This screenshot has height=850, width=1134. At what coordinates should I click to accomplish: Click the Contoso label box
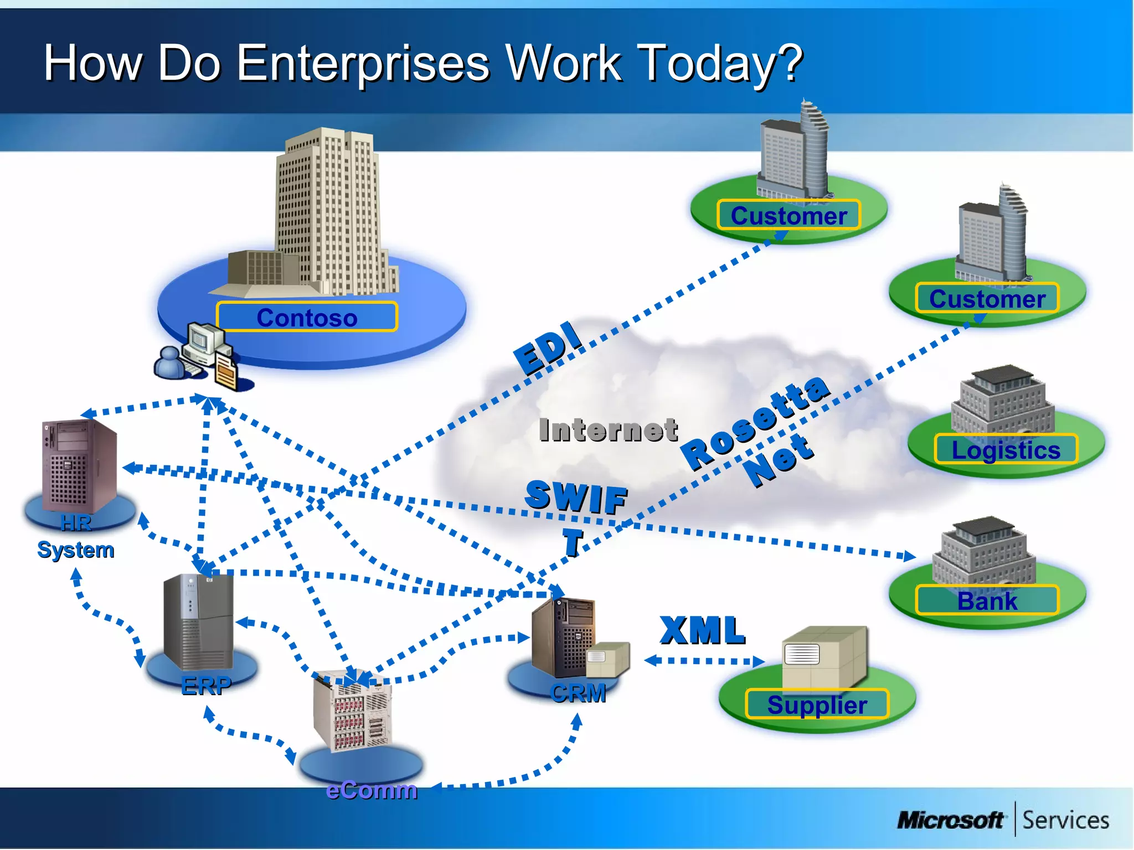[x=307, y=318]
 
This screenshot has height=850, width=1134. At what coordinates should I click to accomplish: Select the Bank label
[x=987, y=601]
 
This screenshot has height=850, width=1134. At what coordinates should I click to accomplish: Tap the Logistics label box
[x=1006, y=450]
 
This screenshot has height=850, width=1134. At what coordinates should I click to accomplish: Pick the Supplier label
[x=817, y=705]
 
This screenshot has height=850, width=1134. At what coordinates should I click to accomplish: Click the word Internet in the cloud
[x=608, y=431]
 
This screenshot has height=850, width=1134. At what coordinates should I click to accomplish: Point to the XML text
[x=702, y=631]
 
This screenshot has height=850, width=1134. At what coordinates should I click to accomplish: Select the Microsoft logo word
[x=950, y=820]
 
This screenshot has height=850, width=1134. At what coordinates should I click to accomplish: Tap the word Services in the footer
[x=1065, y=820]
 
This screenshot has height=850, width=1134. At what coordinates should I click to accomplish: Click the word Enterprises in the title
[x=363, y=64]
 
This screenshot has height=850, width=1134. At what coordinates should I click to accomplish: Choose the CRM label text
[x=578, y=693]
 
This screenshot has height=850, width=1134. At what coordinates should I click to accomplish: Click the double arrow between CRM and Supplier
[x=704, y=661]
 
